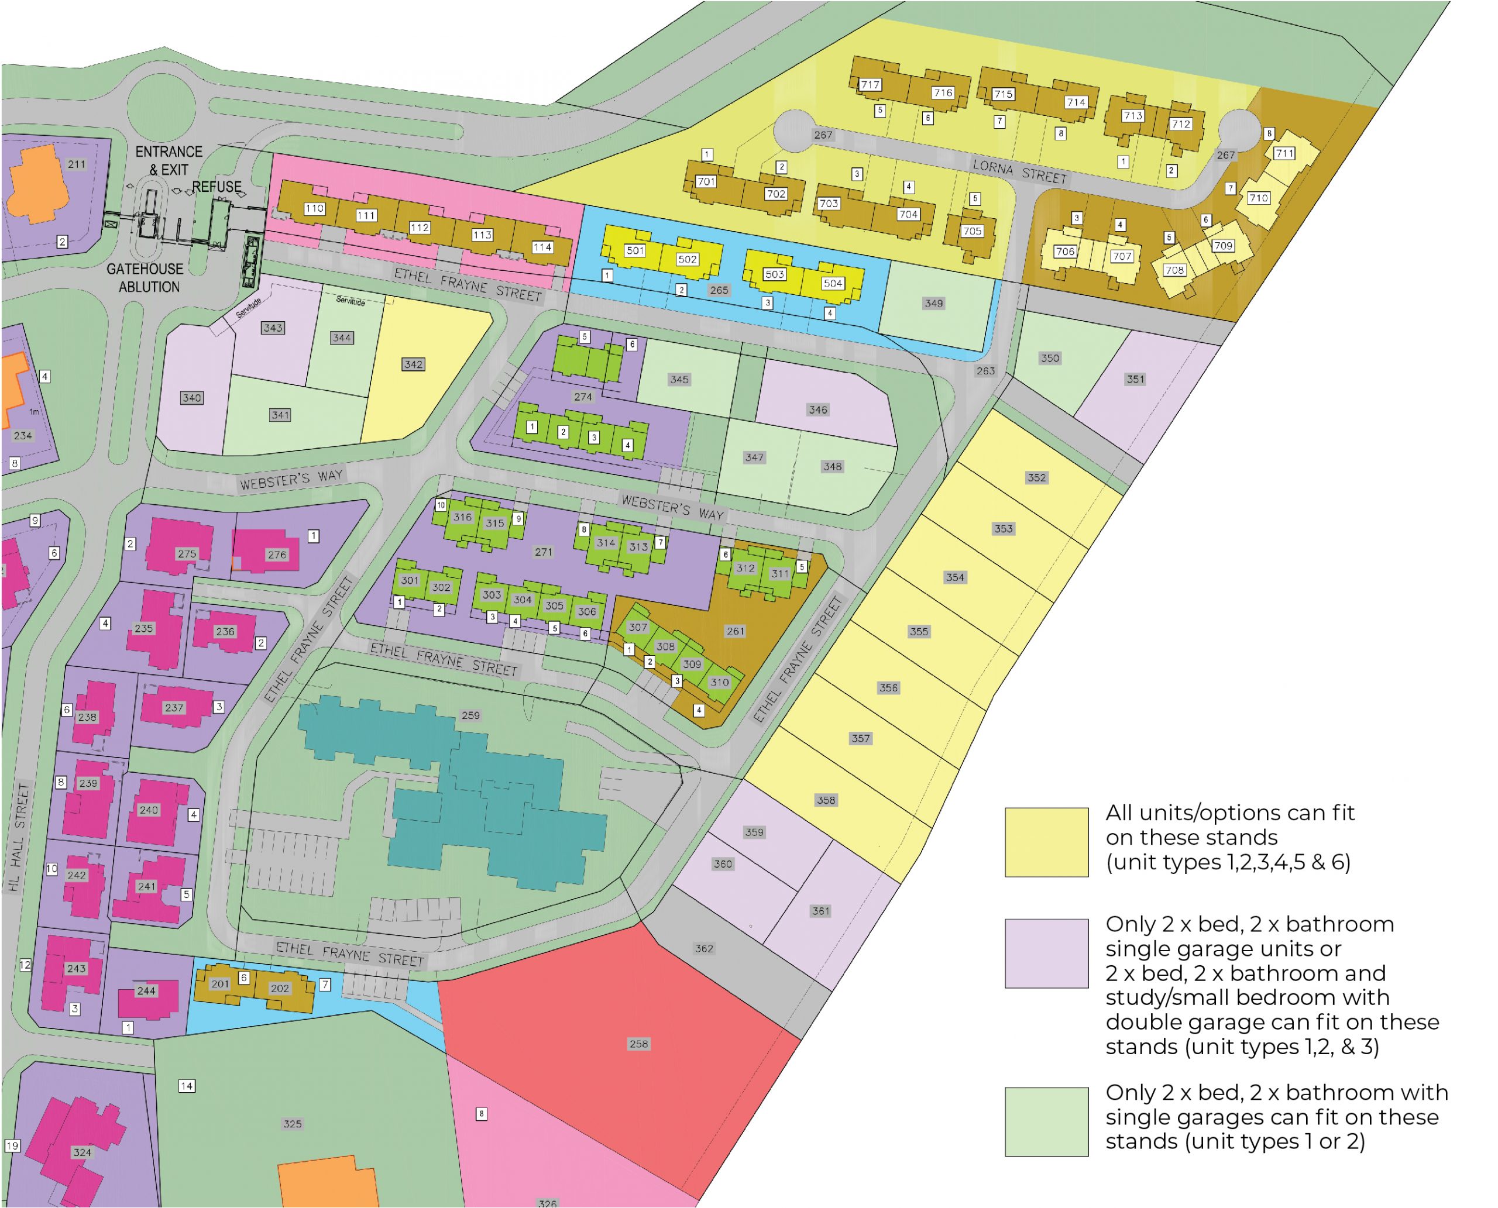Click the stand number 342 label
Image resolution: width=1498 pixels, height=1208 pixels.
[413, 364]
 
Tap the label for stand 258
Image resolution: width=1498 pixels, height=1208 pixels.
[638, 1044]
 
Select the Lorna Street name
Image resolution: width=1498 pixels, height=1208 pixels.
[1019, 171]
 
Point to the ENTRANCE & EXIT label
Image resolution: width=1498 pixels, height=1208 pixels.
[169, 161]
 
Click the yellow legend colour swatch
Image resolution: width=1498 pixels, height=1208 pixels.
[1046, 842]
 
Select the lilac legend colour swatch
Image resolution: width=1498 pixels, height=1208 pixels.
[1046, 954]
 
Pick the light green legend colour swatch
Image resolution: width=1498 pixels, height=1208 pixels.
[1046, 1122]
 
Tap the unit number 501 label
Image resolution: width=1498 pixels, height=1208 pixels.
[635, 250]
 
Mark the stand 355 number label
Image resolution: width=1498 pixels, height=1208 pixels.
[919, 632]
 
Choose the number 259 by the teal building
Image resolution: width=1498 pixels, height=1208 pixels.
[470, 715]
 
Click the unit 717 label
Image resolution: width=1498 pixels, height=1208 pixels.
[870, 85]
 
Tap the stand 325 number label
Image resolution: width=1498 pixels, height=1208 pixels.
[293, 1124]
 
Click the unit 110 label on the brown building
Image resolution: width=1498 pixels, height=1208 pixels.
[315, 208]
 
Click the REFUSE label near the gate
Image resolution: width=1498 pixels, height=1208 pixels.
[217, 187]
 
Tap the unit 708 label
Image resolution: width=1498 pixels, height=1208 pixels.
[1174, 270]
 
